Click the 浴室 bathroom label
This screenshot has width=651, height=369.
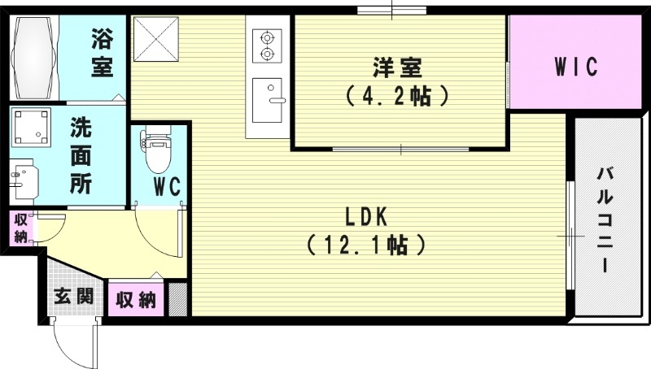pos(103,53)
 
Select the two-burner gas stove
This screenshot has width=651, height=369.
pos(266,46)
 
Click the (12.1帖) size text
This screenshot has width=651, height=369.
pos(365,244)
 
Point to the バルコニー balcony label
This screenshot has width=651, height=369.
pos(605,219)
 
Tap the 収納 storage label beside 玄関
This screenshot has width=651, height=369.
pos(136,300)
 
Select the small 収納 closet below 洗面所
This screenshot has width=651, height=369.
pos(20,228)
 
